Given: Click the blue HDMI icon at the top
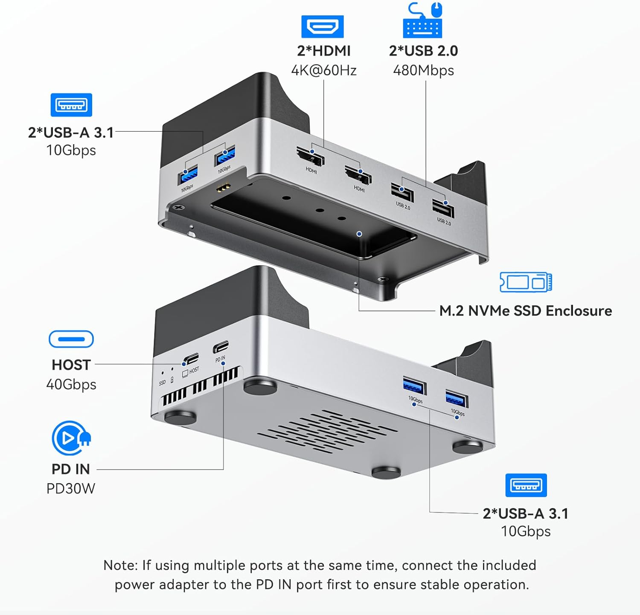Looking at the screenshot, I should [x=322, y=27].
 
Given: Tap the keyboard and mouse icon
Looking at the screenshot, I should [x=422, y=21].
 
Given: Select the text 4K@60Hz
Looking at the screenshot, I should [x=323, y=70].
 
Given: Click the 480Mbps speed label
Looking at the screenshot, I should [x=423, y=70].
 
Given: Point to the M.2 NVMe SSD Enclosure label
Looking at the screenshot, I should [x=525, y=310].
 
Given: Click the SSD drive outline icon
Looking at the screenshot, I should [x=526, y=282].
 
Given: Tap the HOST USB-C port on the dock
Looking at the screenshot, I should [x=190, y=359].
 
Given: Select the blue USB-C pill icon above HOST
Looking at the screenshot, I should [x=71, y=339].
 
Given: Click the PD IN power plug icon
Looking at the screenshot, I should [x=71, y=438].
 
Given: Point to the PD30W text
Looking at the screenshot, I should [x=71, y=488].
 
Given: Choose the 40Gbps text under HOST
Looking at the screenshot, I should [x=71, y=384].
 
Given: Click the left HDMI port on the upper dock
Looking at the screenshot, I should [x=311, y=157].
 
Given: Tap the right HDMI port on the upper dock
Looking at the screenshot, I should [x=358, y=175].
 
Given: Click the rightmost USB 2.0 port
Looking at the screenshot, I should [x=443, y=209].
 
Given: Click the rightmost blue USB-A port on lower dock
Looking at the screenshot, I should [x=457, y=399].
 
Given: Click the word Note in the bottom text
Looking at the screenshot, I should [x=120, y=565].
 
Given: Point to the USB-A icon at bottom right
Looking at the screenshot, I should [x=526, y=485].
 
